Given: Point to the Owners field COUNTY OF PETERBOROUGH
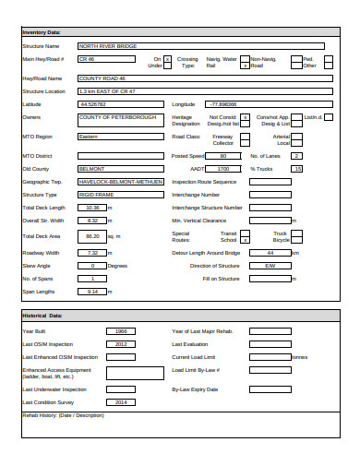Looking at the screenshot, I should pyautogui.click(x=119, y=118).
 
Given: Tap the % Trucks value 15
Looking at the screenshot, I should pyautogui.click(x=296, y=170).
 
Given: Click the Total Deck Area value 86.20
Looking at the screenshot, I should pyautogui.click(x=92, y=236).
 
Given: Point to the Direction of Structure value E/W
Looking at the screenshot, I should pyautogui.click(x=270, y=265).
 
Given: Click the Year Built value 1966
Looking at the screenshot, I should pyautogui.click(x=121, y=330).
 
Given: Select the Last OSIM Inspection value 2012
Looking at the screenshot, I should pyautogui.click(x=121, y=343).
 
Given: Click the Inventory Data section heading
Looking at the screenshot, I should pyautogui.click(x=42, y=32).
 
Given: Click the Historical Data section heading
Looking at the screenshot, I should pyautogui.click(x=42, y=316).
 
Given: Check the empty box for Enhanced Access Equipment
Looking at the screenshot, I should pyautogui.click(x=120, y=373).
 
